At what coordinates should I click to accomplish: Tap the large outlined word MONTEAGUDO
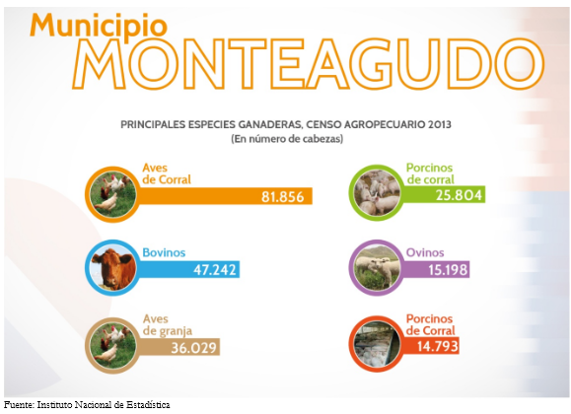click(x=308, y=64)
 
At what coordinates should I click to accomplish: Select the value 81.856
click(x=283, y=197)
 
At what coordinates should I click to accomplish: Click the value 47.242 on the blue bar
click(x=214, y=270)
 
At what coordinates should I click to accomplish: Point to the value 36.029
click(x=193, y=348)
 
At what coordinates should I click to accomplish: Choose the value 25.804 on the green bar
click(x=459, y=195)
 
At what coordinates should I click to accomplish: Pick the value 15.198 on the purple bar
click(x=448, y=270)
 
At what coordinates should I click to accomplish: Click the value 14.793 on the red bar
click(x=437, y=346)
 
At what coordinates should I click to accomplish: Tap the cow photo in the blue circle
click(x=112, y=268)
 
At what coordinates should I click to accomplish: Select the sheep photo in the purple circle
click(x=377, y=268)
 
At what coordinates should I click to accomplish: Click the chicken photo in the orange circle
click(x=112, y=194)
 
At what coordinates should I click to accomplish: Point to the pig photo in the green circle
click(x=377, y=192)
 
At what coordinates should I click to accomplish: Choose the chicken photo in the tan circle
click(x=112, y=345)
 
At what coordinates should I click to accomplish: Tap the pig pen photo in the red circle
click(x=377, y=343)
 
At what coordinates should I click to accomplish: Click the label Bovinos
click(x=164, y=252)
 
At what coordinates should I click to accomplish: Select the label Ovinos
click(x=425, y=252)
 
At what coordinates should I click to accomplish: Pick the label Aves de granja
click(x=167, y=324)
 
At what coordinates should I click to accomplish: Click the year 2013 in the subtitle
click(x=440, y=124)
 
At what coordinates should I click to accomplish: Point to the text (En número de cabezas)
click(x=287, y=139)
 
